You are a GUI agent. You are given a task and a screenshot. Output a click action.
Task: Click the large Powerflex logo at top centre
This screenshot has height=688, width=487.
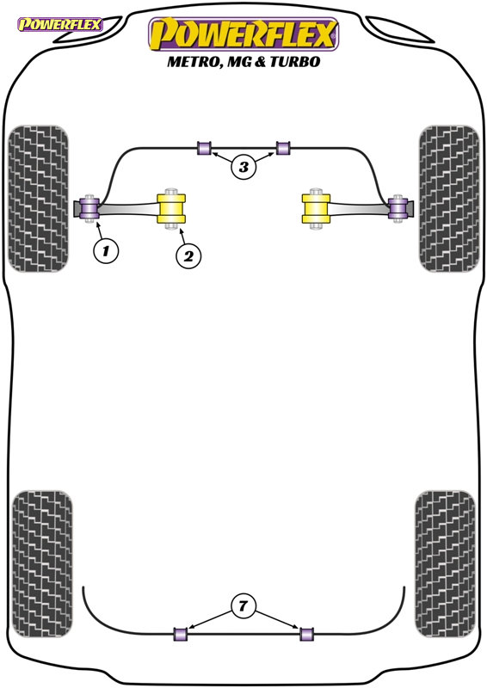[243, 34]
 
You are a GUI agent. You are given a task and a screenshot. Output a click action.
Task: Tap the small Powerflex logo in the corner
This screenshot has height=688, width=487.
[59, 24]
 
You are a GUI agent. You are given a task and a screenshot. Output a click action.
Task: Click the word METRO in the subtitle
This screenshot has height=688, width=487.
[193, 62]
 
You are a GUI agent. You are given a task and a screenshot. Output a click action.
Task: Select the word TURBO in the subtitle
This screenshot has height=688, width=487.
[294, 61]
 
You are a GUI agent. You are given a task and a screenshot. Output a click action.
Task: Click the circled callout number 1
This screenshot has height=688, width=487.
[106, 251]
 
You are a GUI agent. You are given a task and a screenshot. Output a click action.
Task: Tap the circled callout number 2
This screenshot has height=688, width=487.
[188, 255]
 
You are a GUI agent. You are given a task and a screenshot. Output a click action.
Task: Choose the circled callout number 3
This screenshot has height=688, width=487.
[243, 167]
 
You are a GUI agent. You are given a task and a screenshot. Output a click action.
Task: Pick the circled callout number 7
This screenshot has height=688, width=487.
[243, 606]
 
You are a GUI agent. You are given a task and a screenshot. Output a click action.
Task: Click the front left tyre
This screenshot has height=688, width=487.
[39, 199]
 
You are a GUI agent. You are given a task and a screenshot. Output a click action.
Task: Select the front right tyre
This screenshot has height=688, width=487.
[449, 199]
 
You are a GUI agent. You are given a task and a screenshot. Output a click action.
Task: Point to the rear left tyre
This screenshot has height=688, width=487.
[42, 564]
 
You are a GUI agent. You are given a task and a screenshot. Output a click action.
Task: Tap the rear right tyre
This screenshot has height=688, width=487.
[445, 564]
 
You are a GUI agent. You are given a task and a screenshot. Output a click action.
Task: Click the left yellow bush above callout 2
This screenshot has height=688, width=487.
[172, 208]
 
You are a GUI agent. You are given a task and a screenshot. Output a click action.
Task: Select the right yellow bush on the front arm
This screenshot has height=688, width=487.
[316, 208]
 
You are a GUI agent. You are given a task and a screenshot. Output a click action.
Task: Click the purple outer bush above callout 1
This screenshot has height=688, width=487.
[89, 208]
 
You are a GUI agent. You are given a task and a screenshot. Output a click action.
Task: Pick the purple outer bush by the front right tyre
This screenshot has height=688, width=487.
[398, 208]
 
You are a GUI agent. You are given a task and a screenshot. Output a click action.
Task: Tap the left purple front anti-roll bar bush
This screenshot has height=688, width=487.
[204, 148]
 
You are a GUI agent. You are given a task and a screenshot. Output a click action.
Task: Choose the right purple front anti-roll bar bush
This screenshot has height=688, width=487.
[283, 148]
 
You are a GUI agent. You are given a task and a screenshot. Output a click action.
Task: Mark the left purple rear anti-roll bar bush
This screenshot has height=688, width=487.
[181, 634]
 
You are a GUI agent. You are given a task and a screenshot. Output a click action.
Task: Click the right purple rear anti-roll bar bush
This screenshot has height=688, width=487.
[306, 634]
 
